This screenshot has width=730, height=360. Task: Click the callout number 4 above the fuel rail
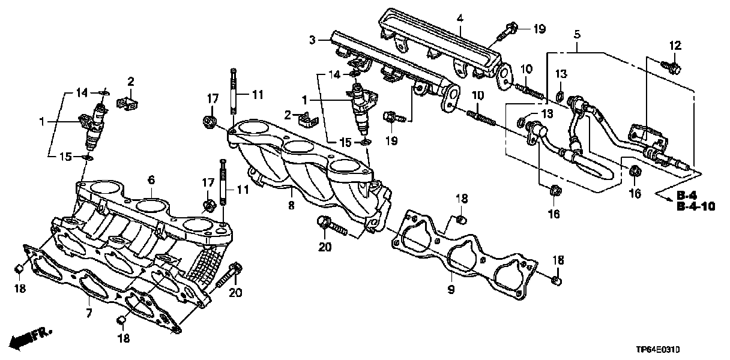pyautogui.click(x=459, y=19)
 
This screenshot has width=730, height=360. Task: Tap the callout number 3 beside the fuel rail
pyautogui.click(x=313, y=40)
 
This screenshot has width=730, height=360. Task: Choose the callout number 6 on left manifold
pyautogui.click(x=151, y=179)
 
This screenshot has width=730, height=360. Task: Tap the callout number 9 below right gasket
pyautogui.click(x=451, y=290)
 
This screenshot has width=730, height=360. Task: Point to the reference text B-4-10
pyautogui.click(x=695, y=206)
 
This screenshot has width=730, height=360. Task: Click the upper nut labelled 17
pyautogui.click(x=211, y=121)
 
